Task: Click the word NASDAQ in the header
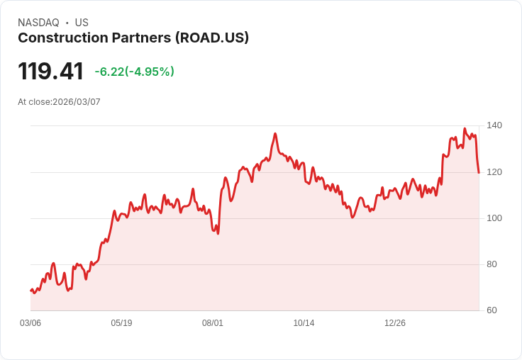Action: (38, 23)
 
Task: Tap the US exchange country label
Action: (82, 23)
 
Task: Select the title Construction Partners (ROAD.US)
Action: (133, 38)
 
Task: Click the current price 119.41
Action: (50, 71)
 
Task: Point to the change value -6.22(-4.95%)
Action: (134, 72)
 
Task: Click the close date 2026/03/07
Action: (77, 102)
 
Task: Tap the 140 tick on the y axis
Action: (494, 125)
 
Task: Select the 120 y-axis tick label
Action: (494, 171)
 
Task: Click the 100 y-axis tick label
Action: (494, 218)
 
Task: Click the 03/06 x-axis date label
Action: (30, 323)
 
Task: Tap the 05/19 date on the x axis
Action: (121, 323)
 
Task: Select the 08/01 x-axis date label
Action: (213, 323)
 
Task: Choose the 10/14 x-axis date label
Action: (304, 323)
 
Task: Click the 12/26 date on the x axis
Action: (395, 323)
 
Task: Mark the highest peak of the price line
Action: (465, 129)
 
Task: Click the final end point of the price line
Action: (479, 172)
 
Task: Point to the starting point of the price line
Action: (30, 291)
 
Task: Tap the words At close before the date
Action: (34, 102)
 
